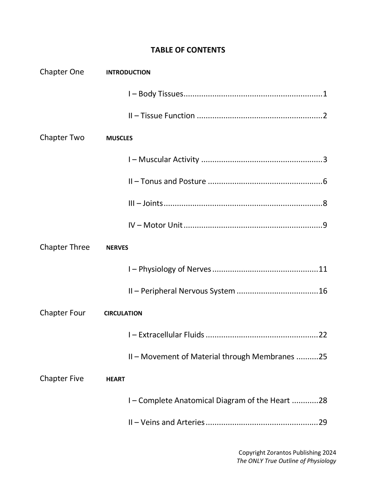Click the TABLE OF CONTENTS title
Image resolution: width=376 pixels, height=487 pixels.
188,50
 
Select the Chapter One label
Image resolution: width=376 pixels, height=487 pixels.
62,72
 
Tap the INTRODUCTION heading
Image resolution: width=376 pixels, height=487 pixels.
128,72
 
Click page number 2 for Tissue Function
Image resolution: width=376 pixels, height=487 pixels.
325,116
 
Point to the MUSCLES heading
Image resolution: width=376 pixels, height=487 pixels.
119,138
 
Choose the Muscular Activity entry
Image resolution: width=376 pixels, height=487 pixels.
164,159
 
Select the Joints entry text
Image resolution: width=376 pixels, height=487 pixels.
145,203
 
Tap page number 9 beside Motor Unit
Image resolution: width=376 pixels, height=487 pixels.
325,225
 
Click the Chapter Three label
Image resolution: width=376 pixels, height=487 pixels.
65,247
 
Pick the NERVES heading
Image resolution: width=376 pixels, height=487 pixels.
117,248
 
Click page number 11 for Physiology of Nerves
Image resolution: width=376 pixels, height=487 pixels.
323,269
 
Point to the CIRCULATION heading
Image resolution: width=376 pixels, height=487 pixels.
123,313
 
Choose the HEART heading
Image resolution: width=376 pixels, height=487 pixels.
116,379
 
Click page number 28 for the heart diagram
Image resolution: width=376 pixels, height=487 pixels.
323,400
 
